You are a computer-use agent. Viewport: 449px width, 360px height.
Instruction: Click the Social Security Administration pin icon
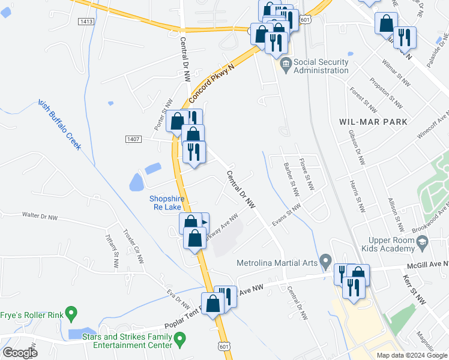pos(286,63)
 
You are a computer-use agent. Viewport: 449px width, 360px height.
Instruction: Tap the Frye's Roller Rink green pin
pos(71,313)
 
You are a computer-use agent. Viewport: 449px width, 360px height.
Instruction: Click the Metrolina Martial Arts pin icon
pos(326,261)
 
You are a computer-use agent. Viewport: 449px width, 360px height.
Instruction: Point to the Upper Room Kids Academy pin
pos(423,242)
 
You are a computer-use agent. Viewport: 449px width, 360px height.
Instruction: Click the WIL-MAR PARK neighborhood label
pos(373,121)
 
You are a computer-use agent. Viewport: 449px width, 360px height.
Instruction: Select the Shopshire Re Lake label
pos(164,203)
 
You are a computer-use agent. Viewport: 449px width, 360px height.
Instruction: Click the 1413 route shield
pos(86,21)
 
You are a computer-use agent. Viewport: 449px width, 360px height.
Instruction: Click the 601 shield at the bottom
pos(224,347)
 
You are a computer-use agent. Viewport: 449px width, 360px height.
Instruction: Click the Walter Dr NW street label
pos(40,214)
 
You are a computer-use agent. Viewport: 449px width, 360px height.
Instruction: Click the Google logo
pos(20,352)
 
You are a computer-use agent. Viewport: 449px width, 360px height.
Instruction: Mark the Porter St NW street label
pos(163,114)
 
